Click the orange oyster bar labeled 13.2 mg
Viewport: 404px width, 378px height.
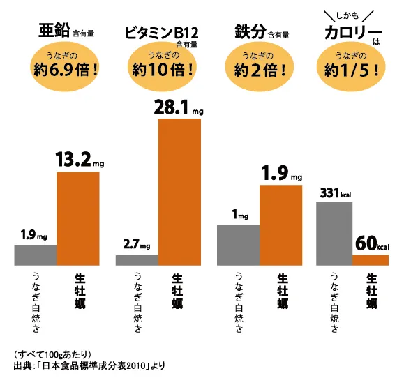pos(78,218)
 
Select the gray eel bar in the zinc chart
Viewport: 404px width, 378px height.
pos(36,255)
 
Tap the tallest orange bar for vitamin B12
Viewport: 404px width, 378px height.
pos(179,192)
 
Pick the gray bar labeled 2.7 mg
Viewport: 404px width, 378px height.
pos(137,260)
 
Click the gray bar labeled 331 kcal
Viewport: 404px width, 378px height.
pos(334,234)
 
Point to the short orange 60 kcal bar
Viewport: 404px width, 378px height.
pos(371,260)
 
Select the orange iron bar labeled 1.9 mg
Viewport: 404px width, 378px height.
pos(280,225)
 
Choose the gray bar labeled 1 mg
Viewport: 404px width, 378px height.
pos(239,245)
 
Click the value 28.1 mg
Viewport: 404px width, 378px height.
pos(179,107)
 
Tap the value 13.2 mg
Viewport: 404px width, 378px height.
pos(80,160)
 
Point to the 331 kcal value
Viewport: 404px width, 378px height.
pos(336,193)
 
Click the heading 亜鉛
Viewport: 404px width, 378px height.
pos(54,30)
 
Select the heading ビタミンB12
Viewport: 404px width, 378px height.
pos(162,33)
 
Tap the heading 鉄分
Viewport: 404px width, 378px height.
pos(250,31)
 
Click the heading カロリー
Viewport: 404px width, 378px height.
pos(353,33)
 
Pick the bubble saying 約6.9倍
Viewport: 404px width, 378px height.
pos(65,67)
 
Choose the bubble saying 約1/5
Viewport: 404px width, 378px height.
pos(351,67)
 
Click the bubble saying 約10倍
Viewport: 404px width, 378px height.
pos(162,67)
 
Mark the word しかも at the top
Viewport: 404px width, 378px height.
pos(347,16)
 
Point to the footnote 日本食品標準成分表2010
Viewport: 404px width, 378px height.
pos(94,365)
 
